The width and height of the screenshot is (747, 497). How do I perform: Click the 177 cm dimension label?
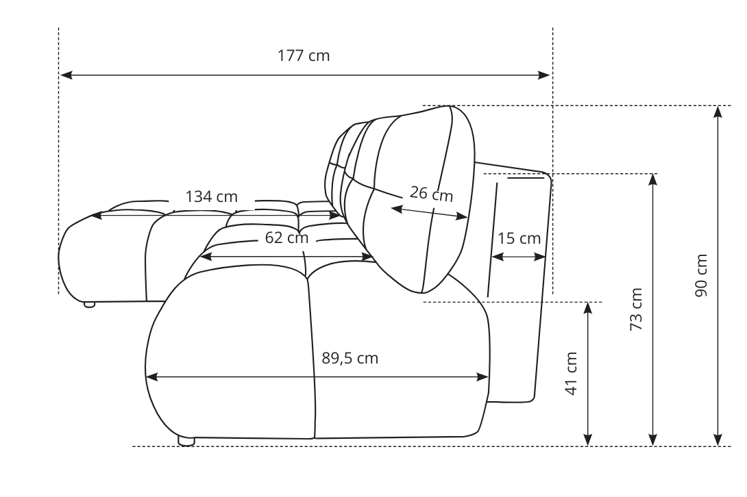[304, 56]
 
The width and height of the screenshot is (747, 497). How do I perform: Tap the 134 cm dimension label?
[212, 197]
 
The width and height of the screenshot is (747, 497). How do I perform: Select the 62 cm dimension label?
[286, 239]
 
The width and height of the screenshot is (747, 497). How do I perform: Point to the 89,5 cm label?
[350, 358]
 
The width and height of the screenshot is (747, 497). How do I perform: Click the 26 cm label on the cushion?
[431, 194]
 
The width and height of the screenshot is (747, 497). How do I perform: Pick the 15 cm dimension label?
[519, 239]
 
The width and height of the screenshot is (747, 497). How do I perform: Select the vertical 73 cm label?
[637, 309]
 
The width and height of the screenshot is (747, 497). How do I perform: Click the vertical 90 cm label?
[700, 275]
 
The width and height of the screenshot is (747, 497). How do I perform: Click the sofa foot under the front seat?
[186, 442]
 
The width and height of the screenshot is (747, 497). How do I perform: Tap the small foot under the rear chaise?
[89, 304]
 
